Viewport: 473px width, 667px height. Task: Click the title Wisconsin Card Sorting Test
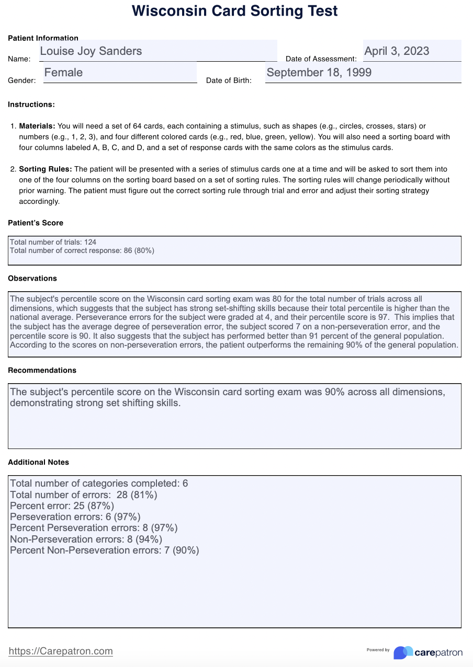(x=235, y=11)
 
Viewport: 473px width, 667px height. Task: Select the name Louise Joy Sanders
(x=91, y=51)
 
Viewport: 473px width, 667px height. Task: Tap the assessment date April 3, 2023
(x=397, y=51)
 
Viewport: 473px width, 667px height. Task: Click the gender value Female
(x=63, y=73)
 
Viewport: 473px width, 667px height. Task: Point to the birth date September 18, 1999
(x=319, y=73)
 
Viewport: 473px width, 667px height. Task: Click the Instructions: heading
(x=31, y=105)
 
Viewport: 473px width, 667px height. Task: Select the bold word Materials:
(x=37, y=126)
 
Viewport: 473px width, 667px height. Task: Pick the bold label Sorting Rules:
(x=46, y=169)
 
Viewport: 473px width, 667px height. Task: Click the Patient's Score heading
(x=36, y=223)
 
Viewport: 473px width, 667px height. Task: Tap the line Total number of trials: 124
(x=53, y=243)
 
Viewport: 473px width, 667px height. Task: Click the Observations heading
(x=32, y=279)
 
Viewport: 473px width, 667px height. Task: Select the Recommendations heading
(x=42, y=370)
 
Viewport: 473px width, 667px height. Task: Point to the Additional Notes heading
(x=38, y=462)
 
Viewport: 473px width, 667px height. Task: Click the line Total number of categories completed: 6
(x=99, y=484)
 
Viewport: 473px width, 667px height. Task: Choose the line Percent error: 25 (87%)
(x=62, y=505)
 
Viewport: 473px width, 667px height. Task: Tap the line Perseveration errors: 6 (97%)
(x=75, y=517)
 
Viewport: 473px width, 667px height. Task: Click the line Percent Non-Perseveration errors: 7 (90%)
(x=105, y=550)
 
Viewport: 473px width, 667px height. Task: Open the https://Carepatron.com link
(x=61, y=651)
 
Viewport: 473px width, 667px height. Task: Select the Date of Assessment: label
(x=321, y=59)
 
